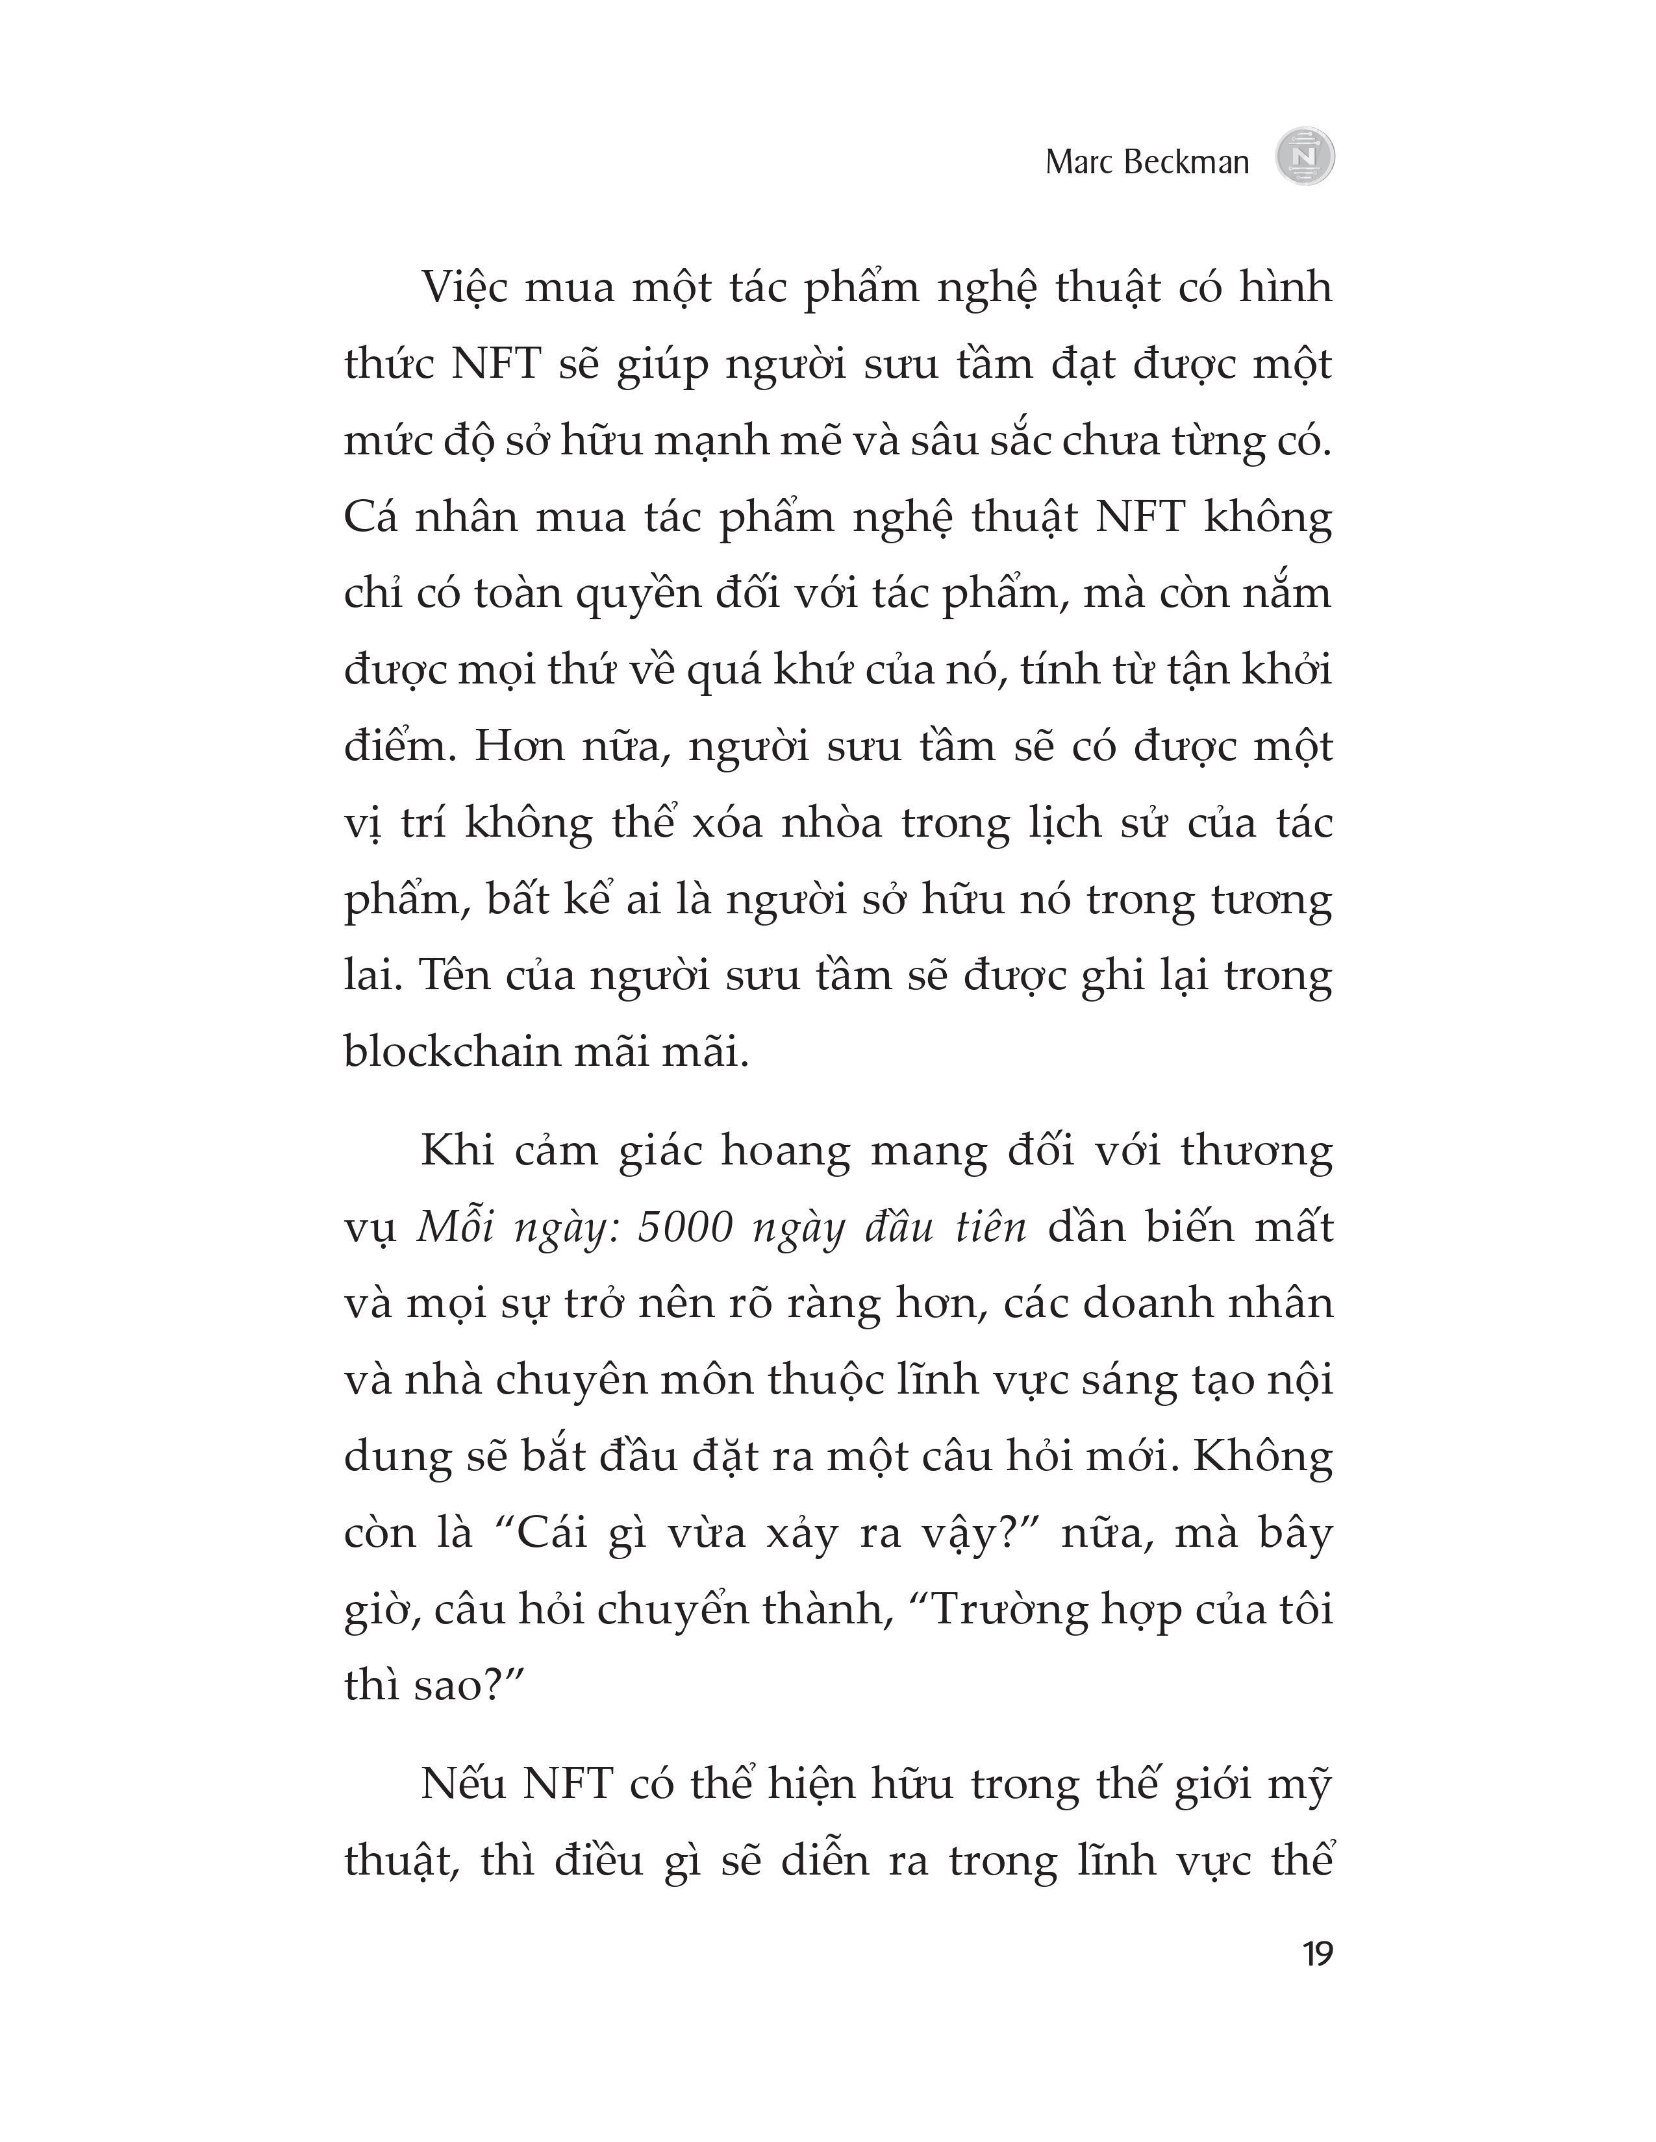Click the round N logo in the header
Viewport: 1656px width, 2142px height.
tap(1305, 157)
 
